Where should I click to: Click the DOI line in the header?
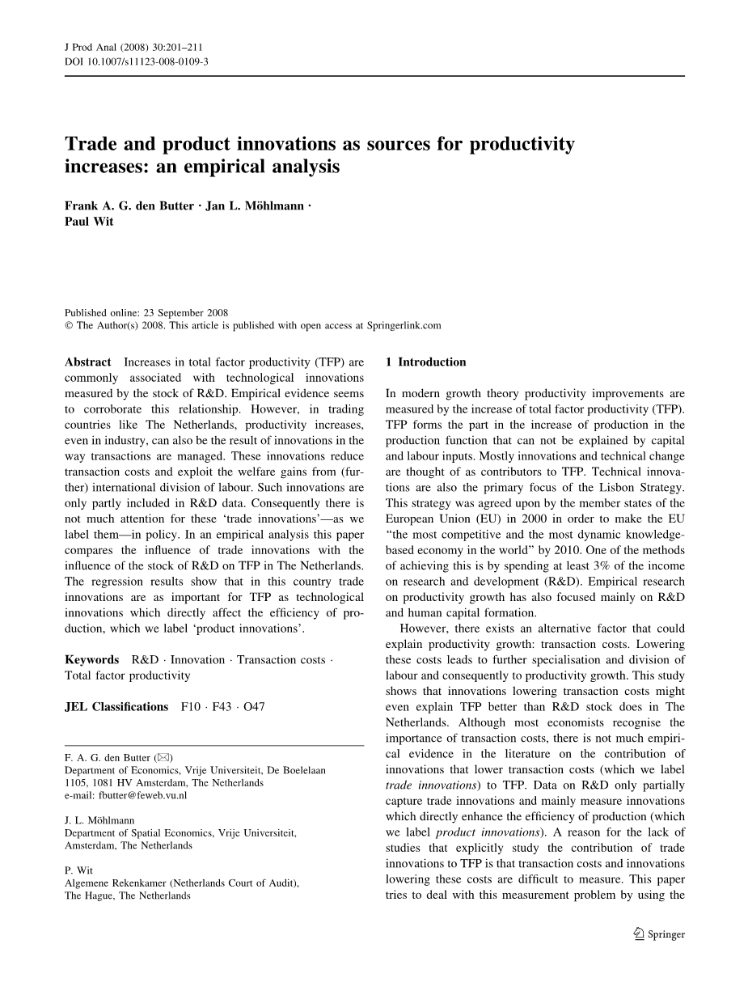coord(136,61)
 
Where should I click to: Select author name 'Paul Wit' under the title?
coord(89,222)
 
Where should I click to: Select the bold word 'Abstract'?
coord(87,362)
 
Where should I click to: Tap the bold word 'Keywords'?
coord(91,660)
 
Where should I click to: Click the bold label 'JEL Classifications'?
coord(116,707)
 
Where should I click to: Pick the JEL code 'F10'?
coord(191,707)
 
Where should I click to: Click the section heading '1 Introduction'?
coord(426,362)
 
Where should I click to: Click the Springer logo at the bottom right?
coord(658,934)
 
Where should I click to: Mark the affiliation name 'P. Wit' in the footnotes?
coord(79,870)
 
